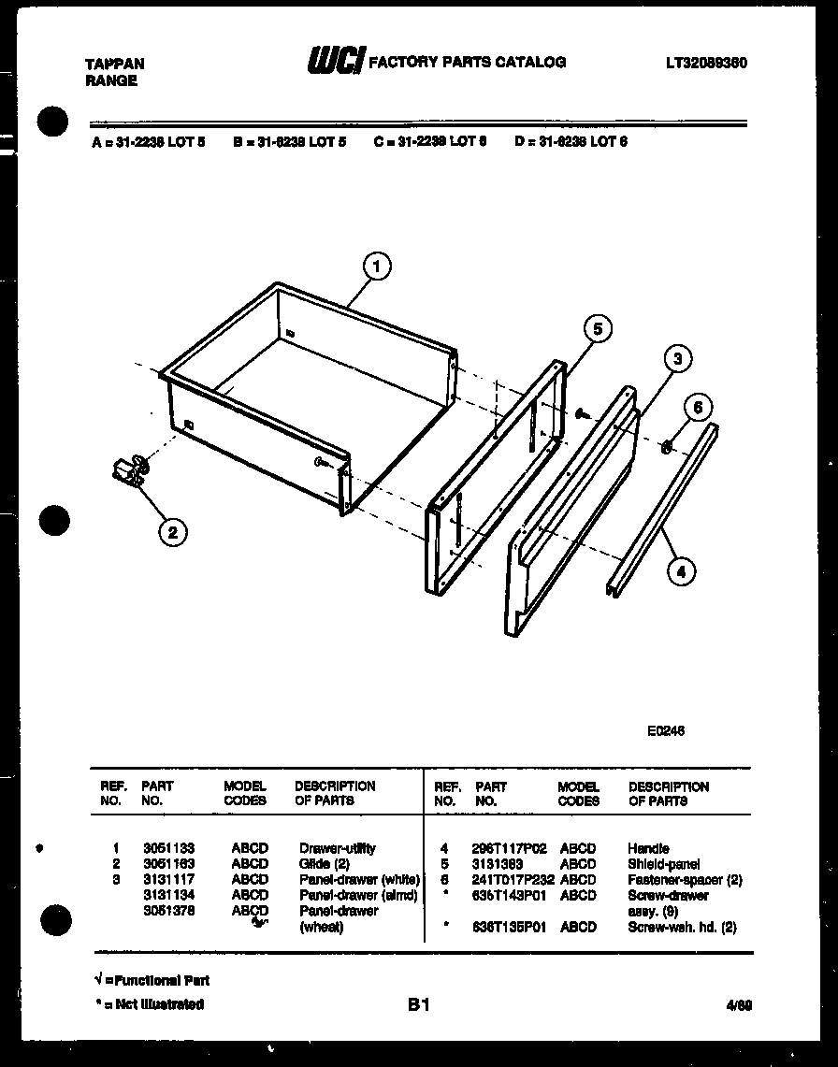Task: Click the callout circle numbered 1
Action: coord(377,268)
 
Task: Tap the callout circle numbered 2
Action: coord(171,533)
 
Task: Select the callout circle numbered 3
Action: coord(678,358)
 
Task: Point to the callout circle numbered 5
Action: coord(598,328)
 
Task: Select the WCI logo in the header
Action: coord(336,62)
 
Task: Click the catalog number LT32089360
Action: coord(706,64)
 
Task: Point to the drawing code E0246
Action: coord(665,731)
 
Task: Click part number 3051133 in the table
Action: coord(168,849)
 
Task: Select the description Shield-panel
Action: coord(663,865)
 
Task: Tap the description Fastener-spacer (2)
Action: coord(685,881)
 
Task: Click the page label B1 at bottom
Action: coord(418,1005)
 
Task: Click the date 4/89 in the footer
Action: coord(739,1006)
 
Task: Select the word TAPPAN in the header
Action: coord(115,65)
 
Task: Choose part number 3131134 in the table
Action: coord(168,896)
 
